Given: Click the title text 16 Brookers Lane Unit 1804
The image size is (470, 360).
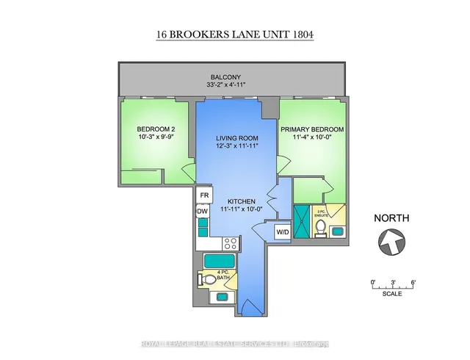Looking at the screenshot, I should point(235,34).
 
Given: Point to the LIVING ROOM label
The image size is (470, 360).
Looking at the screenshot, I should point(235,137).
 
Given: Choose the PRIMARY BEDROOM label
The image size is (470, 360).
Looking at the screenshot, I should point(312,128).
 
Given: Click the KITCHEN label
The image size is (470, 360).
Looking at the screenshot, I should point(240,201).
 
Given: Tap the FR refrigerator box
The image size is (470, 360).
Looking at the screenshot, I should point(204,196).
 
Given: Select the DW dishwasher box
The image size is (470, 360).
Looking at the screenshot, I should point(203,212).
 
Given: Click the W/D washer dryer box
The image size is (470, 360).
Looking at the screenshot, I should point(282,233).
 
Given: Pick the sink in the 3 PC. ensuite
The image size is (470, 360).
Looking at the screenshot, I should point(337,232).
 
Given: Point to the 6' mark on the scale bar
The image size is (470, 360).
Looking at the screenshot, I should point(413,283).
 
